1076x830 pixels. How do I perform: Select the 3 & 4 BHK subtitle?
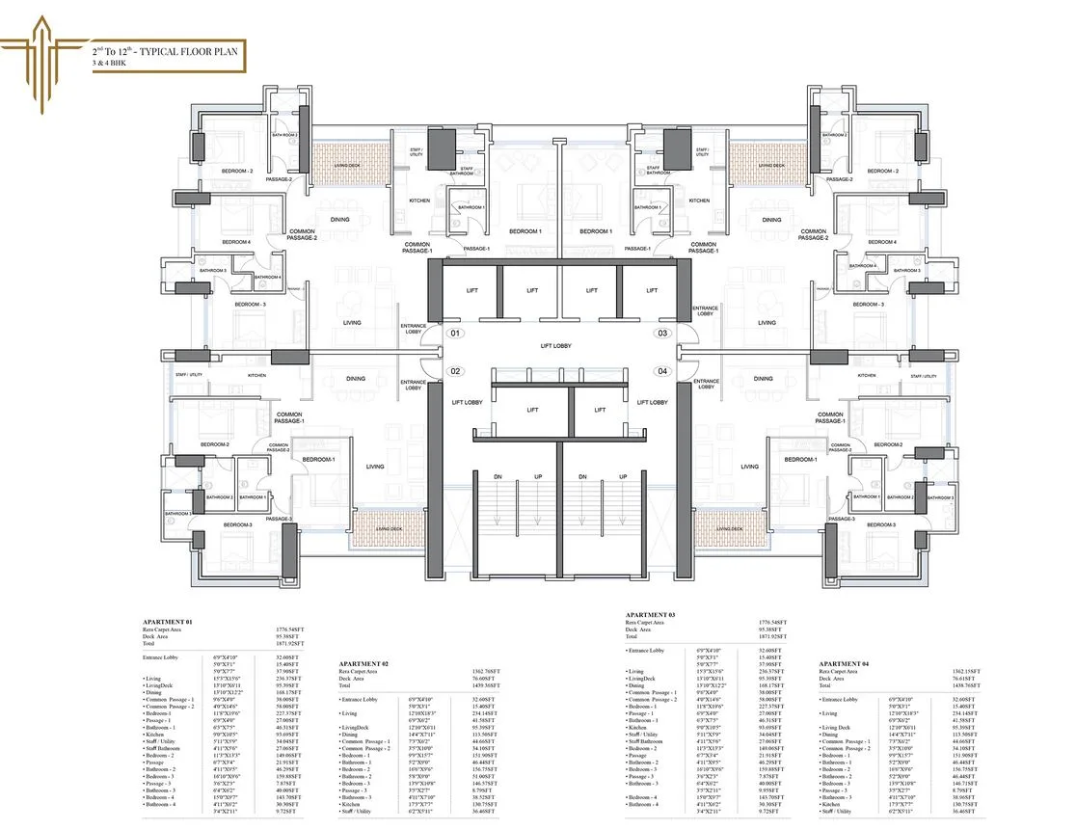click(x=111, y=62)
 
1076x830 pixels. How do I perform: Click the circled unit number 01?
click(x=457, y=334)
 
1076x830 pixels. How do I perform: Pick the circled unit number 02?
click(x=457, y=371)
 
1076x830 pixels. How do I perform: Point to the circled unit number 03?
click(x=662, y=334)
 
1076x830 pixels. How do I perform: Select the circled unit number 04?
click(x=662, y=371)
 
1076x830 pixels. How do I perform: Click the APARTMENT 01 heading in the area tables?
click(x=168, y=623)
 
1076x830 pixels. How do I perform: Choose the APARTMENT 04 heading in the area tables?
click(x=846, y=664)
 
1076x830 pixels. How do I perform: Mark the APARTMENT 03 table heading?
click(x=651, y=614)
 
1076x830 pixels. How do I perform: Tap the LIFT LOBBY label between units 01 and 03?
click(x=560, y=343)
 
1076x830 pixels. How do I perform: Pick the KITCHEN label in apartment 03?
click(x=699, y=201)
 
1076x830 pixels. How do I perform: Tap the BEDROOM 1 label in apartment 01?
click(x=525, y=231)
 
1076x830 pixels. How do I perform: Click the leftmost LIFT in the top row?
click(x=472, y=290)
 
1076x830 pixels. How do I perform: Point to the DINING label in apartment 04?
click(x=763, y=379)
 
